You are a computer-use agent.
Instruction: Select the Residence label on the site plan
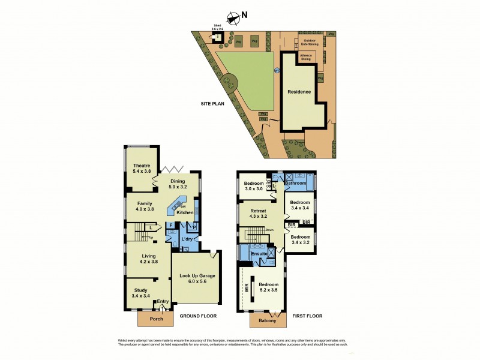[x=299, y=92]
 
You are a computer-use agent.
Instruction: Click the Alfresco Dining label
[x=305, y=58]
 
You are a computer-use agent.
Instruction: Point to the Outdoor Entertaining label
[x=310, y=43]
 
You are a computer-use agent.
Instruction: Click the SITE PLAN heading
[x=212, y=104]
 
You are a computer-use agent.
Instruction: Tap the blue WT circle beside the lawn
[x=277, y=71]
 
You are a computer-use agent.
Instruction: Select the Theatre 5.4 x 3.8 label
[x=141, y=169]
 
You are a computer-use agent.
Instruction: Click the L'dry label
[x=187, y=239]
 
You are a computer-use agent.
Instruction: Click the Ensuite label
[x=259, y=254]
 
